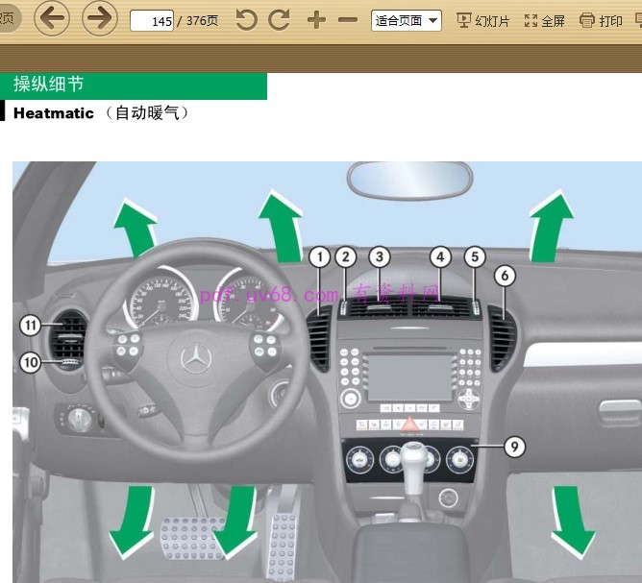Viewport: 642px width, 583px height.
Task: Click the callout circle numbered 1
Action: [320, 256]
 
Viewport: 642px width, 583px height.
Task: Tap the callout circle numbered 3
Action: [381, 256]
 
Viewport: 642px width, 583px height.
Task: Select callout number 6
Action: [506, 276]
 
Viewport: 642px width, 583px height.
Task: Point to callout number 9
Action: [514, 447]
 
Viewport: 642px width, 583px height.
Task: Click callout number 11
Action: [30, 327]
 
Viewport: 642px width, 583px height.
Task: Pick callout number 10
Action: [30, 362]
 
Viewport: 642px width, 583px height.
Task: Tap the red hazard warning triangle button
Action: [408, 424]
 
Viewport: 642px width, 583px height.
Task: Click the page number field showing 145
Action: [151, 20]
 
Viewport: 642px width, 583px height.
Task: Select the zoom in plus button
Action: [316, 20]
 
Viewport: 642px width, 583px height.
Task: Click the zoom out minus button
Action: [348, 20]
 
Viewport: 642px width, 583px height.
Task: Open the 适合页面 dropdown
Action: [406, 20]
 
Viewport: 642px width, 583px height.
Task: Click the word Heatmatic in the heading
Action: [54, 113]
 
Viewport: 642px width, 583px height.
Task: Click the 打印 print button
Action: [601, 20]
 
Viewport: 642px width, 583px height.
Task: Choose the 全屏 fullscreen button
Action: [544, 20]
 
